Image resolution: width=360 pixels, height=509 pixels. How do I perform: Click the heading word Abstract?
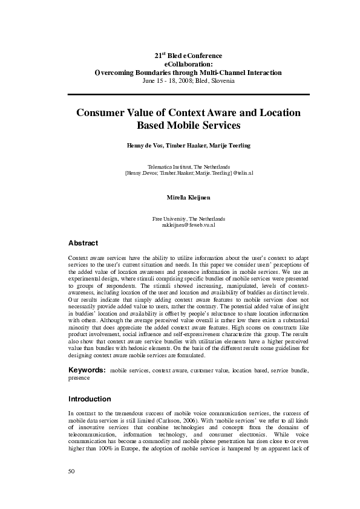83,243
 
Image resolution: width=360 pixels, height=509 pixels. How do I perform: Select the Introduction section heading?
90,399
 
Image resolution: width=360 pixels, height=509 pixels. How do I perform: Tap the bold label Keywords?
87,369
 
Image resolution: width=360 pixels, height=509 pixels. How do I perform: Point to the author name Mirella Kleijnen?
188,197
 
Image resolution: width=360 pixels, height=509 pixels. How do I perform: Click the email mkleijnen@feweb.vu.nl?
188,224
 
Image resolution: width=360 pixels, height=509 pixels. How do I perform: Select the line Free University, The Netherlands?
188,218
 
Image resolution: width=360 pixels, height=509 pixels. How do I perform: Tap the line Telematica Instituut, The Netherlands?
188,166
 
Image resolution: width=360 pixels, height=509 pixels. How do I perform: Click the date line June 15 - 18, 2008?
188,80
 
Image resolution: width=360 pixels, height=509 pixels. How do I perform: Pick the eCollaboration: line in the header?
188,63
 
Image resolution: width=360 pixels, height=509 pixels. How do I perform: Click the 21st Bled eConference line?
188,55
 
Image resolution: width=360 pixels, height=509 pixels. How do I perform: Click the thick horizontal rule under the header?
188,94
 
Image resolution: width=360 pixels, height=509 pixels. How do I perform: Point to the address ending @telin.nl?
242,172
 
